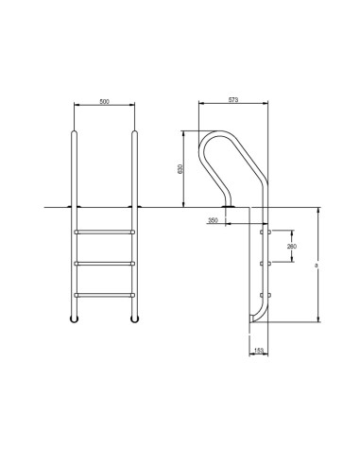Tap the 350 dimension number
point(213,220)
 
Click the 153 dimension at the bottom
point(258,351)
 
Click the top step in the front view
point(105,230)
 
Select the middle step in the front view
point(105,262)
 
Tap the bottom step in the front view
point(105,295)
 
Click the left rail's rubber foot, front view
point(73,321)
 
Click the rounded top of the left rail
point(73,134)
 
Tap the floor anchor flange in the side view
point(228,204)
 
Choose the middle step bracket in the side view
point(267,262)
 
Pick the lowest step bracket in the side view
point(267,295)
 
